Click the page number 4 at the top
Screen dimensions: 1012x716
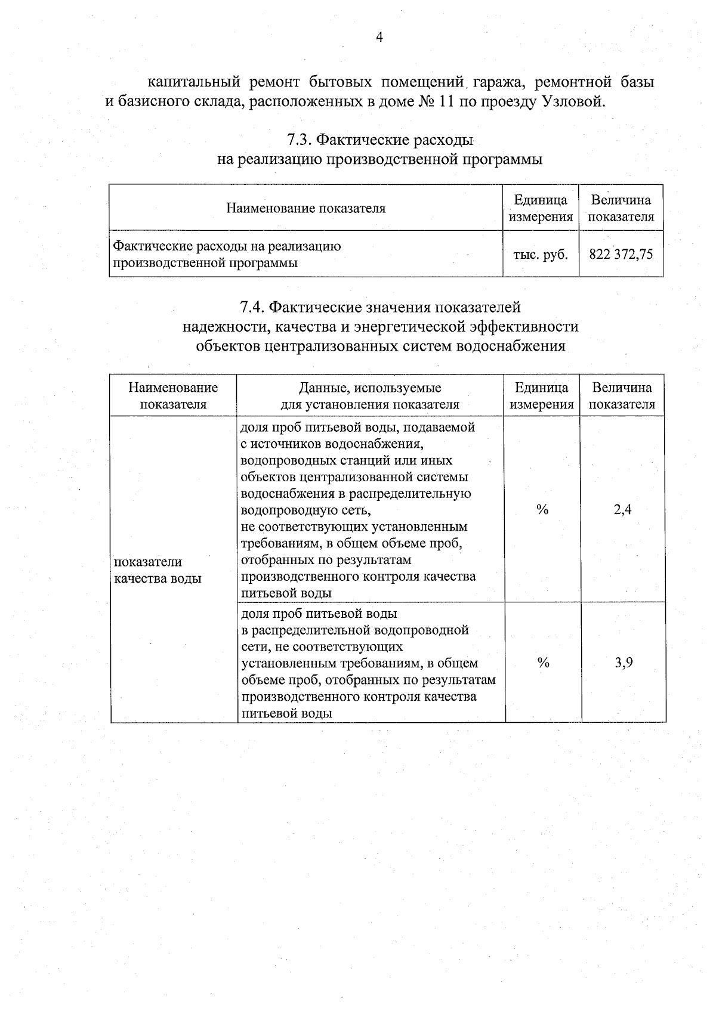(x=379, y=38)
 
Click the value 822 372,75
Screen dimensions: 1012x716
(x=621, y=255)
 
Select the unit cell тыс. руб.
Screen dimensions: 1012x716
(x=541, y=255)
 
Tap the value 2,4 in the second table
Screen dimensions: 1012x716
(x=622, y=509)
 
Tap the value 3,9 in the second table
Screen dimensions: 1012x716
(x=624, y=663)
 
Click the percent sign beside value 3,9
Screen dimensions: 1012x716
(x=542, y=663)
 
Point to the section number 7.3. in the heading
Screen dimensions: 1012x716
(x=298, y=140)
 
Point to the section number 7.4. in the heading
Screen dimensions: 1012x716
(x=252, y=307)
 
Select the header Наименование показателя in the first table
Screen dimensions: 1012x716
(x=305, y=208)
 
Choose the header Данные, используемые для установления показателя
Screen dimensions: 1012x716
(x=370, y=396)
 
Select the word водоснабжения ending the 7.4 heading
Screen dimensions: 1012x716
(x=510, y=346)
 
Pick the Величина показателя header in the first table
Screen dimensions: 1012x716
(x=621, y=208)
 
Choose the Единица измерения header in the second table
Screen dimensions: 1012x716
(x=542, y=396)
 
